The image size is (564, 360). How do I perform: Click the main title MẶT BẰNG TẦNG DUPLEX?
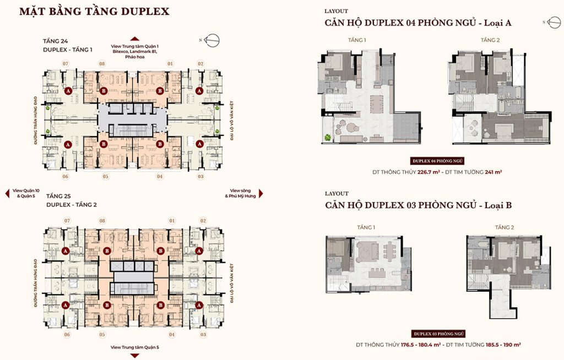pos(94,12)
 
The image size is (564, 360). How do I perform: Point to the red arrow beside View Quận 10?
pos(7,193)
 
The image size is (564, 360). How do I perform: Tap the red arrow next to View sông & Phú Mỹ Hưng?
pos(261,193)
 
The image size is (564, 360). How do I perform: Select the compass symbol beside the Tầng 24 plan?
pos(213,40)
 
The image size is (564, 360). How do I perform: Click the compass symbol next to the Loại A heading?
pos(551,21)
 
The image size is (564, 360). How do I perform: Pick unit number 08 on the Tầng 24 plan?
pos(102,64)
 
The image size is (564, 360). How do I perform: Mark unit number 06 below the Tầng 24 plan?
pos(65,176)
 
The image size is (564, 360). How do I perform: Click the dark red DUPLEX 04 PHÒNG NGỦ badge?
pos(438,161)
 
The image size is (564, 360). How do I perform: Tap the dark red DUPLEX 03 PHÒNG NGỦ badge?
pos(438,334)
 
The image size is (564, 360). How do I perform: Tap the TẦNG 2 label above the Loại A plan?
pos(490,40)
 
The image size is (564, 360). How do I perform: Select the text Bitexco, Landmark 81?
pos(134,51)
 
